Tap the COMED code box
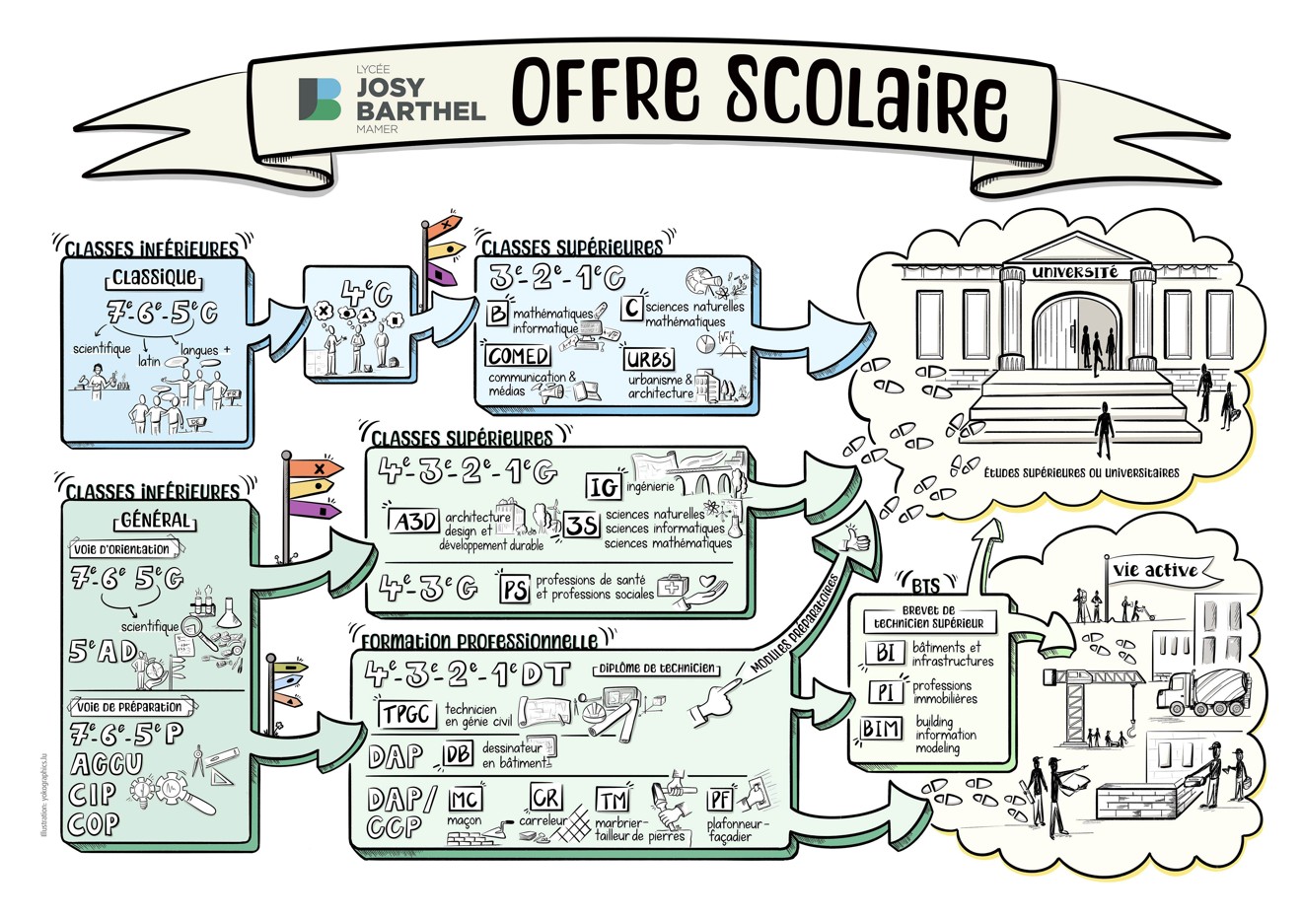(x=517, y=355)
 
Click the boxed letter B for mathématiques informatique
(x=498, y=314)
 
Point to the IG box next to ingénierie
(x=603, y=486)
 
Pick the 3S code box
(x=581, y=527)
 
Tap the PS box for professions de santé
(x=514, y=590)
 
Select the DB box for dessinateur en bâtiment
(x=458, y=755)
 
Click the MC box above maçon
(x=465, y=798)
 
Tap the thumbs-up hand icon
(x=854, y=538)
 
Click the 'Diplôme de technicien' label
(x=656, y=669)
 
